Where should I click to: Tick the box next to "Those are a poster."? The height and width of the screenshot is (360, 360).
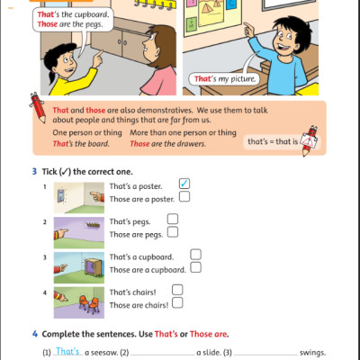pos(184,196)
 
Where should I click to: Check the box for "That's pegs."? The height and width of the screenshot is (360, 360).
pos(173,219)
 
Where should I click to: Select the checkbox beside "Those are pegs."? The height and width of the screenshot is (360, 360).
pos(173,231)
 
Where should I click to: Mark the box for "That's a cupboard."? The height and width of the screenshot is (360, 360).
pos(195,255)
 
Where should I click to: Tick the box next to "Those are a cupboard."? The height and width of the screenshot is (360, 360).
pos(195,267)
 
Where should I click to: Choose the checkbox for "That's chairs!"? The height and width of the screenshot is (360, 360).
pos(176,290)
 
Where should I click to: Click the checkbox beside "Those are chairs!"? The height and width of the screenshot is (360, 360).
pos(176,303)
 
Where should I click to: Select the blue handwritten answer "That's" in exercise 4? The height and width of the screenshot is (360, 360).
pos(67,352)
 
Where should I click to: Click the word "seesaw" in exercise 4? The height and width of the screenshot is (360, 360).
pos(101,353)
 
